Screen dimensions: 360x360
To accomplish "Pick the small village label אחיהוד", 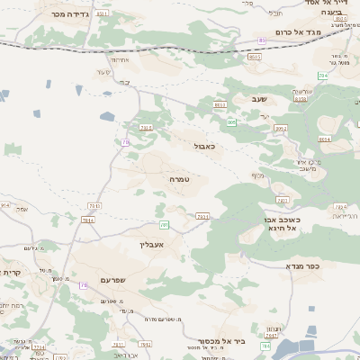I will point(105,60).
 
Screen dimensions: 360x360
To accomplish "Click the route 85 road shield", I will point(262,40).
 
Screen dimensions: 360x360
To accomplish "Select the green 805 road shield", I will point(231,122).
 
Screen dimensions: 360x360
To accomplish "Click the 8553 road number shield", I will point(253,57).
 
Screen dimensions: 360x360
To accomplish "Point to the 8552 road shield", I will point(281,130).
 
